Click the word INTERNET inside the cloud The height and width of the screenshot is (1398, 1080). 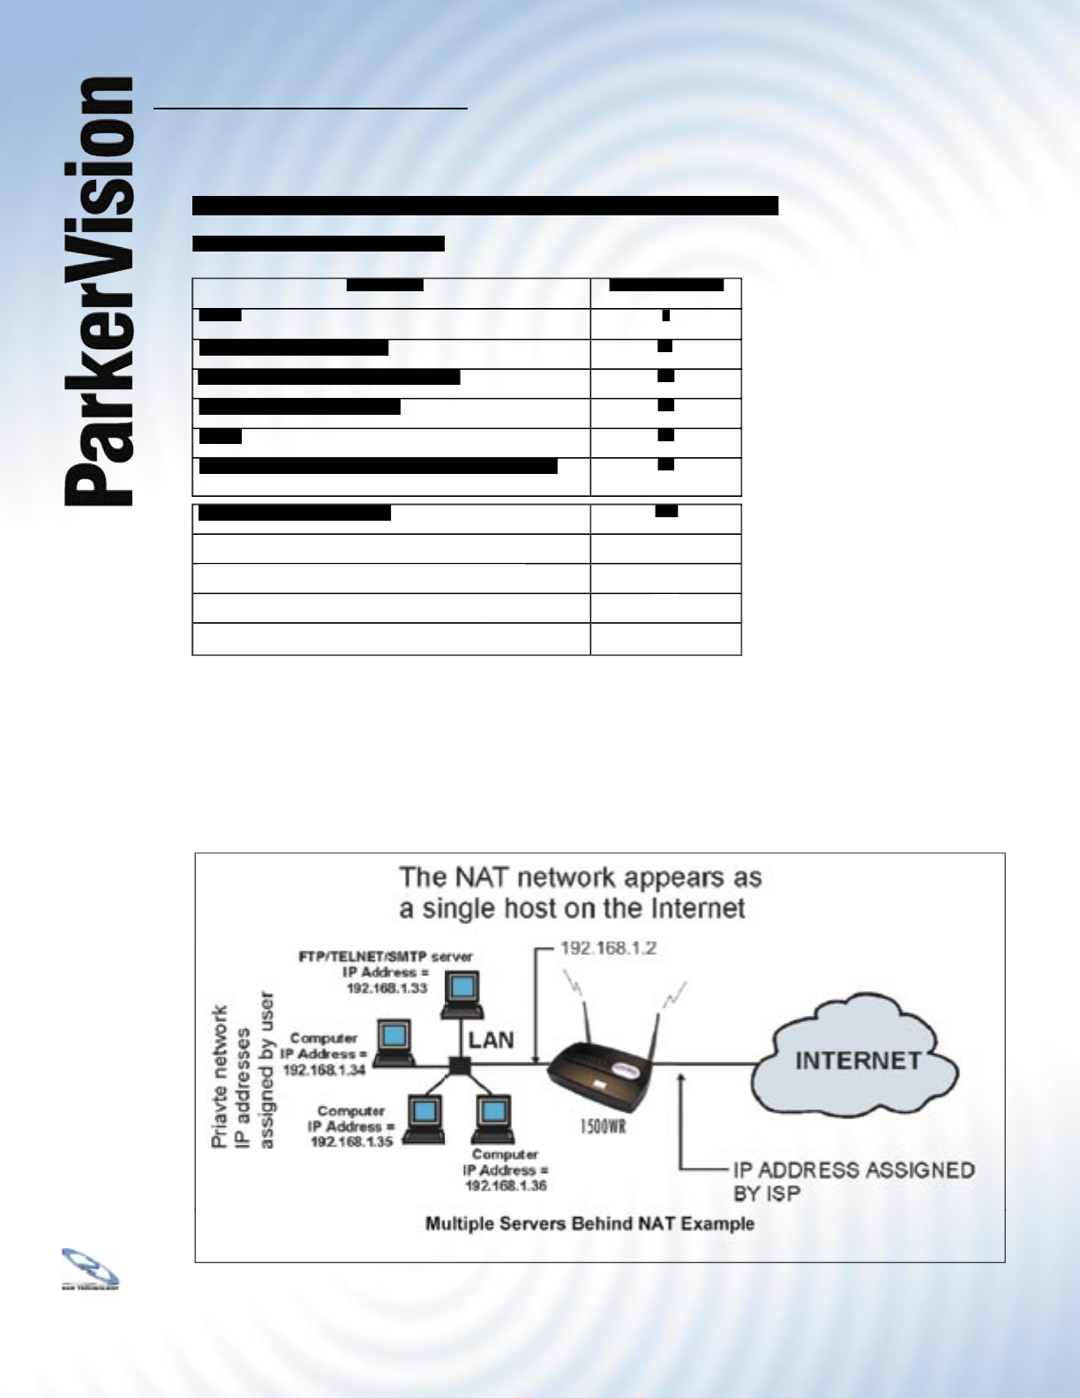(x=858, y=1060)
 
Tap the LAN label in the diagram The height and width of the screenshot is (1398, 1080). (x=491, y=1040)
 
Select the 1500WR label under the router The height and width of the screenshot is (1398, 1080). (x=603, y=1127)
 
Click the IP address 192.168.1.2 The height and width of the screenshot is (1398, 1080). (x=609, y=949)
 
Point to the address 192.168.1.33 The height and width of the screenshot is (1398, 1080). (x=386, y=988)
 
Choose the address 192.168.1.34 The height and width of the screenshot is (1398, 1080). (x=324, y=1069)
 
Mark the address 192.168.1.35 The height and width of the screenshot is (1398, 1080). (x=351, y=1141)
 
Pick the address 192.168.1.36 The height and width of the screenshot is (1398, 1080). (x=506, y=1185)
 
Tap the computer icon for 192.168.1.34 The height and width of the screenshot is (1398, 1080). (x=394, y=1041)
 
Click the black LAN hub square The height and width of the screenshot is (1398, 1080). (x=457, y=1065)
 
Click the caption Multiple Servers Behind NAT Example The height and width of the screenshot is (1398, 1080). (x=589, y=1223)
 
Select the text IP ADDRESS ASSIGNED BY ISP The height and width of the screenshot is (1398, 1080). (x=852, y=1181)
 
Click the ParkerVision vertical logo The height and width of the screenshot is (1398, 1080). (x=99, y=291)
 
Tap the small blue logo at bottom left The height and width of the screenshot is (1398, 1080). (x=89, y=1268)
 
